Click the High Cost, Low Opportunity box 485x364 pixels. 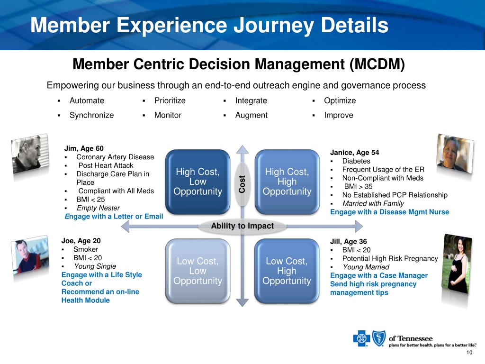click(x=198, y=182)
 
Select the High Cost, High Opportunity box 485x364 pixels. click(x=287, y=182)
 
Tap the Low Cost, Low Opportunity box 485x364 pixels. click(x=198, y=271)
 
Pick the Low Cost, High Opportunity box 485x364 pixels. click(x=287, y=271)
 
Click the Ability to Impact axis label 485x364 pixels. click(x=242, y=226)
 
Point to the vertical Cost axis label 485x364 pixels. click(x=242, y=184)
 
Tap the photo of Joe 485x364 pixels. click(x=31, y=258)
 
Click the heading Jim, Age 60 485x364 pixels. click(x=84, y=148)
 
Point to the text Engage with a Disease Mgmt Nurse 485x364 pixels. click(x=389, y=212)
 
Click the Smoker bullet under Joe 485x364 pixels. click(x=86, y=249)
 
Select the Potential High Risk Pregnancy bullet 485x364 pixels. click(x=390, y=258)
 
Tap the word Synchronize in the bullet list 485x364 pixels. click(x=91, y=115)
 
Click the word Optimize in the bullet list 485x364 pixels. click(x=340, y=100)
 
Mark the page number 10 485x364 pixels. click(x=469, y=353)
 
